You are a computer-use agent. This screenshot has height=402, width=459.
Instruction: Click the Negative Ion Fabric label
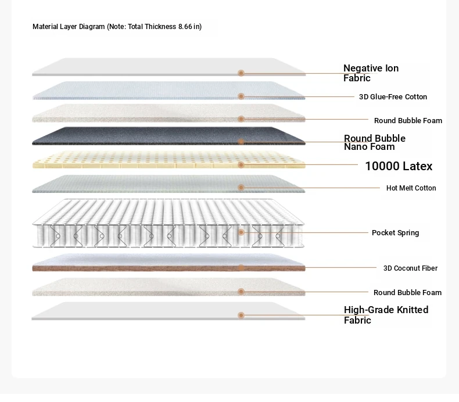(371, 73)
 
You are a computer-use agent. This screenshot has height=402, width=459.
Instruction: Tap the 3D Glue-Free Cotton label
(393, 96)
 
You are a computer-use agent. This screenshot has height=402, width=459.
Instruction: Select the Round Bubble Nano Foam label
(375, 142)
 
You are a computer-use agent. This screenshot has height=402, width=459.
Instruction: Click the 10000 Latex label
(399, 166)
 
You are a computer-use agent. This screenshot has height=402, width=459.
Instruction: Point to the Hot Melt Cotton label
(411, 188)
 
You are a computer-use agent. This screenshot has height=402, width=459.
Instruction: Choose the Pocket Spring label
(395, 233)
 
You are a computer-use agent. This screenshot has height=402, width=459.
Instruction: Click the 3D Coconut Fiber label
(410, 268)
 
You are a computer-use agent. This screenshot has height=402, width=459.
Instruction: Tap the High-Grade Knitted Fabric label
(386, 315)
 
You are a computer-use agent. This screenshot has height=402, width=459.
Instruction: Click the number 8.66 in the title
(185, 27)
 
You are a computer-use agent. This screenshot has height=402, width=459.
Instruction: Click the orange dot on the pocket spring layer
(241, 232)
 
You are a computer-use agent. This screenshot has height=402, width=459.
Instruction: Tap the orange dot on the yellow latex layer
(241, 165)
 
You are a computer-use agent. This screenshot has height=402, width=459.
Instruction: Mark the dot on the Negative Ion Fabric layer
(241, 73)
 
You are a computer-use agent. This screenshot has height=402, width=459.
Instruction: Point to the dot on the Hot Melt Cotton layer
(241, 188)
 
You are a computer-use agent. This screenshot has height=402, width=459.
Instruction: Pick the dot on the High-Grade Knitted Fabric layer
(241, 315)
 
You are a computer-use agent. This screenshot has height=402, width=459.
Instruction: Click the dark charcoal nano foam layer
(168, 136)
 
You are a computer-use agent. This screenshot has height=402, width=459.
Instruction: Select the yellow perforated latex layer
(168, 160)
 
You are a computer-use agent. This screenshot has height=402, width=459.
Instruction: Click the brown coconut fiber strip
(168, 268)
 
